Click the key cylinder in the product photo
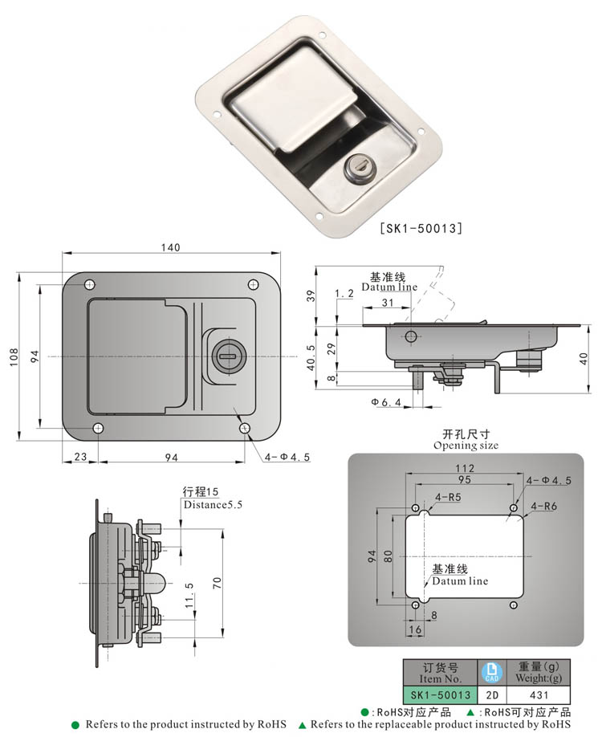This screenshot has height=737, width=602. [356, 169]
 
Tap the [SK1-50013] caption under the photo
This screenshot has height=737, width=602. [421, 229]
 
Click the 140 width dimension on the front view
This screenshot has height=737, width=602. [170, 247]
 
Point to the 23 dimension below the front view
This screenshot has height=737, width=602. [79, 457]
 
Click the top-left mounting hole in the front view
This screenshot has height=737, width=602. [89, 285]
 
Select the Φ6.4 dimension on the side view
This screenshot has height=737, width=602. [385, 401]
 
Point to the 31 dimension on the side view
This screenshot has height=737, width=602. [388, 303]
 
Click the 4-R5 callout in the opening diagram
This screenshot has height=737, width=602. [448, 497]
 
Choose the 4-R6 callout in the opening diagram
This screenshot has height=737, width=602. [544, 507]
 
